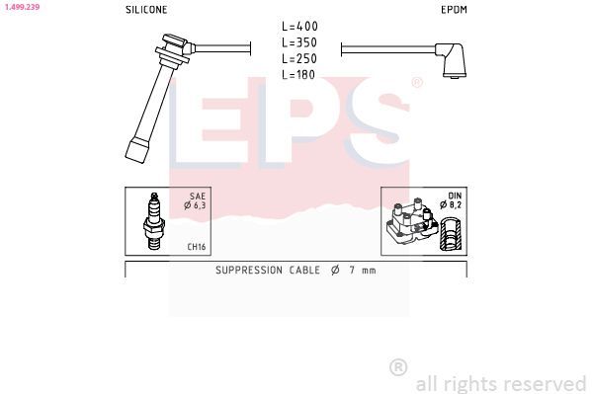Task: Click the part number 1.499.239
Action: point(21,6)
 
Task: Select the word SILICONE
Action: point(146,9)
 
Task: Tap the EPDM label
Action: point(454,9)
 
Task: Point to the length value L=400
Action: point(299,26)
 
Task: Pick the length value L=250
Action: point(299,58)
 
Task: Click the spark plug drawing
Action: point(152,222)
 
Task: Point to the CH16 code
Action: point(196,247)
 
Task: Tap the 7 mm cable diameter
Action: point(361,270)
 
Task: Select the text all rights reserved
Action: point(500,383)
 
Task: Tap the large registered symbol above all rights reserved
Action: point(398,366)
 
